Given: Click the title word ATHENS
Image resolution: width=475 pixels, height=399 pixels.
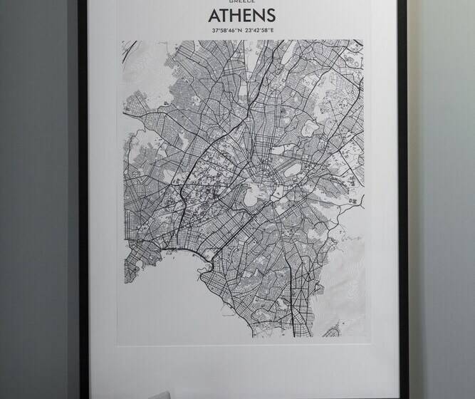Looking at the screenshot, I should [242, 16].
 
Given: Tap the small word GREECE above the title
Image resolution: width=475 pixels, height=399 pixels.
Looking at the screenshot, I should [242, 2].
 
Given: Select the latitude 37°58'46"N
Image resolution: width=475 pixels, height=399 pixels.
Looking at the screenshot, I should [226, 31].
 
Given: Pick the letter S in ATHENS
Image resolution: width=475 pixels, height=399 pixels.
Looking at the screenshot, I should [270, 16].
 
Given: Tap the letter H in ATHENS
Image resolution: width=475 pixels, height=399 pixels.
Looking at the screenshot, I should [236, 16].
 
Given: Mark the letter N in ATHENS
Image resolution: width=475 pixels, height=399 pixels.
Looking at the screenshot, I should [258, 16].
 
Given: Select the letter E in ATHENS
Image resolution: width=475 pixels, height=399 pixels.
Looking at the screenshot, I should [247, 16].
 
